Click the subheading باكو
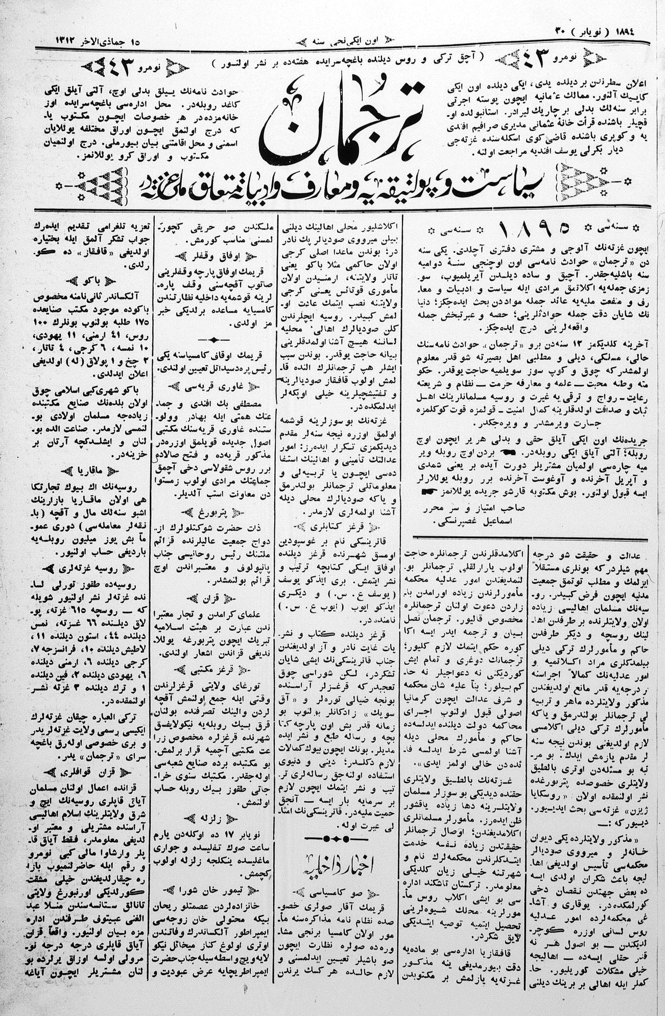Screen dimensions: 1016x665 (92, 280)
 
